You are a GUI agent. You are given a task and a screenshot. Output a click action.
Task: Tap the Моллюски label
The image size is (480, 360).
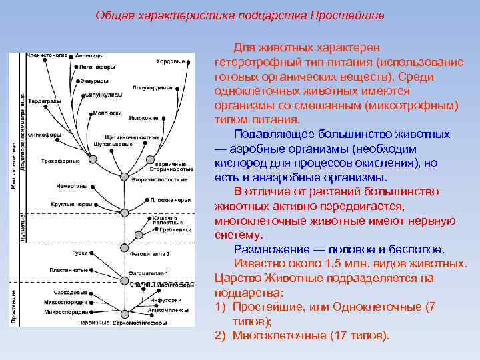point(105,113)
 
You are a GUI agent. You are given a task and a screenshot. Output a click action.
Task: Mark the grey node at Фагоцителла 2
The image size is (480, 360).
point(123,249)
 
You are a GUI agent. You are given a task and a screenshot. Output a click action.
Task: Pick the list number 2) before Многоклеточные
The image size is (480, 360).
point(221,335)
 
